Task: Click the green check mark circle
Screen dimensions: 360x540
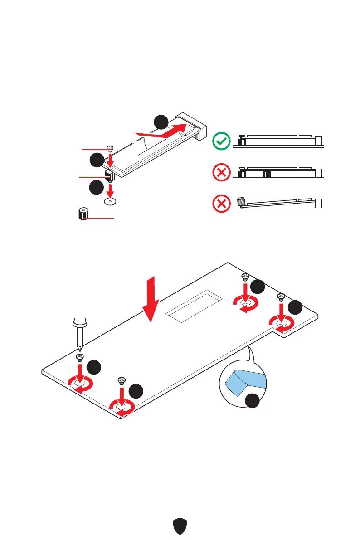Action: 221,142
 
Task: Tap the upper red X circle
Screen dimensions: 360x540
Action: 221,173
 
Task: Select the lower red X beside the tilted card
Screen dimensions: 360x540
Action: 221,204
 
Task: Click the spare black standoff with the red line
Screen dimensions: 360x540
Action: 83,213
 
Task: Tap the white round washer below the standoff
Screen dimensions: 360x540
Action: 109,201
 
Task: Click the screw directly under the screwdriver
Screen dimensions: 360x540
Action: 79,357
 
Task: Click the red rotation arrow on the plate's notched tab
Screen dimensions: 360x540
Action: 281,323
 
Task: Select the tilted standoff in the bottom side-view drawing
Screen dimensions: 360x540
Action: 241,201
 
